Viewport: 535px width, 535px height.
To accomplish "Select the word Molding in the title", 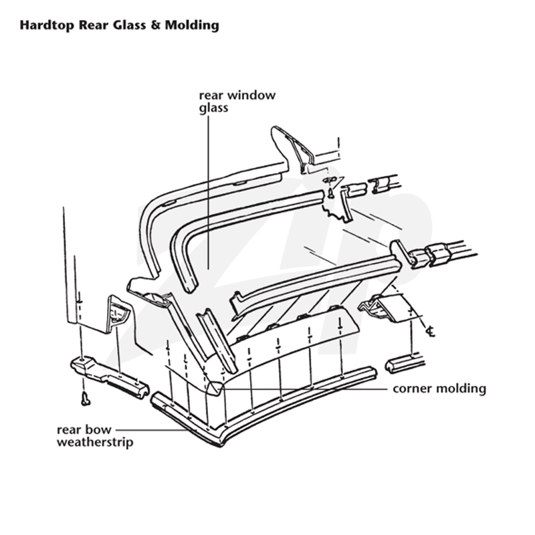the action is (x=192, y=25).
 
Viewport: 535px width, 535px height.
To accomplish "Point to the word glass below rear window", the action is (x=213, y=108).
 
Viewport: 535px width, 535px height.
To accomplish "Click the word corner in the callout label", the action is (x=412, y=389).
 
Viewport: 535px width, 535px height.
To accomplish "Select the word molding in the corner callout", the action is (x=461, y=389).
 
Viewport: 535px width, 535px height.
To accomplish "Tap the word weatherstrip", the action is (x=95, y=443).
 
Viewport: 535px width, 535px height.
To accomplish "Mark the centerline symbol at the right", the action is (x=431, y=331).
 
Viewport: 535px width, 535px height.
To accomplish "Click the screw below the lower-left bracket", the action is (x=86, y=399).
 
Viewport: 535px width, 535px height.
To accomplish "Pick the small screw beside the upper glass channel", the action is (x=330, y=193).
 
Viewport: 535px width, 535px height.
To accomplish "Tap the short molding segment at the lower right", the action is (x=405, y=364).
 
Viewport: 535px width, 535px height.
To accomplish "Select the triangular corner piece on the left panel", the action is (x=118, y=314).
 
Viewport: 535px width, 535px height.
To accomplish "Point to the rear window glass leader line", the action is (x=208, y=192).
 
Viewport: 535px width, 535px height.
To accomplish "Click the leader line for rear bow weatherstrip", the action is (x=152, y=430).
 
